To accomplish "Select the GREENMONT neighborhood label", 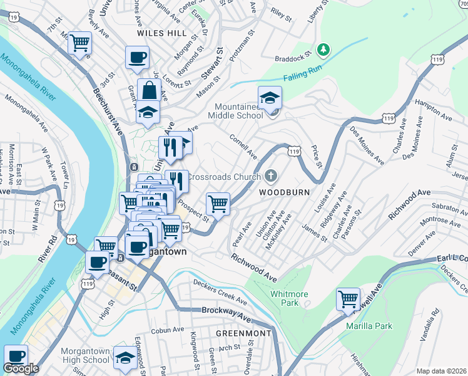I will (244, 333).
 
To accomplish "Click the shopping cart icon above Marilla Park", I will (348, 299).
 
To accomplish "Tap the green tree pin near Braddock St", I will (323, 49).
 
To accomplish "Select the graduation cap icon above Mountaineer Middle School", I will (270, 98).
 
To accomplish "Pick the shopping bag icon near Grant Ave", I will (150, 90).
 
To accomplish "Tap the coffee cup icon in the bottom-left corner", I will (16, 356).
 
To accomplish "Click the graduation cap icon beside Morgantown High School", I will (125, 357).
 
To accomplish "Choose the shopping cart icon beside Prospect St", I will (218, 203).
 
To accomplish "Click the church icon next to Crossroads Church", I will (270, 176).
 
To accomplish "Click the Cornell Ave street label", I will (244, 145).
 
